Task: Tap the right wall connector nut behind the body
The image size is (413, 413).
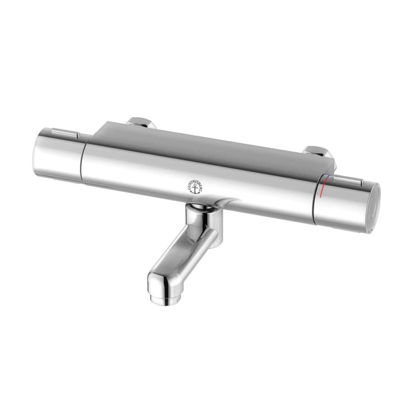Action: click(x=318, y=152)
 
